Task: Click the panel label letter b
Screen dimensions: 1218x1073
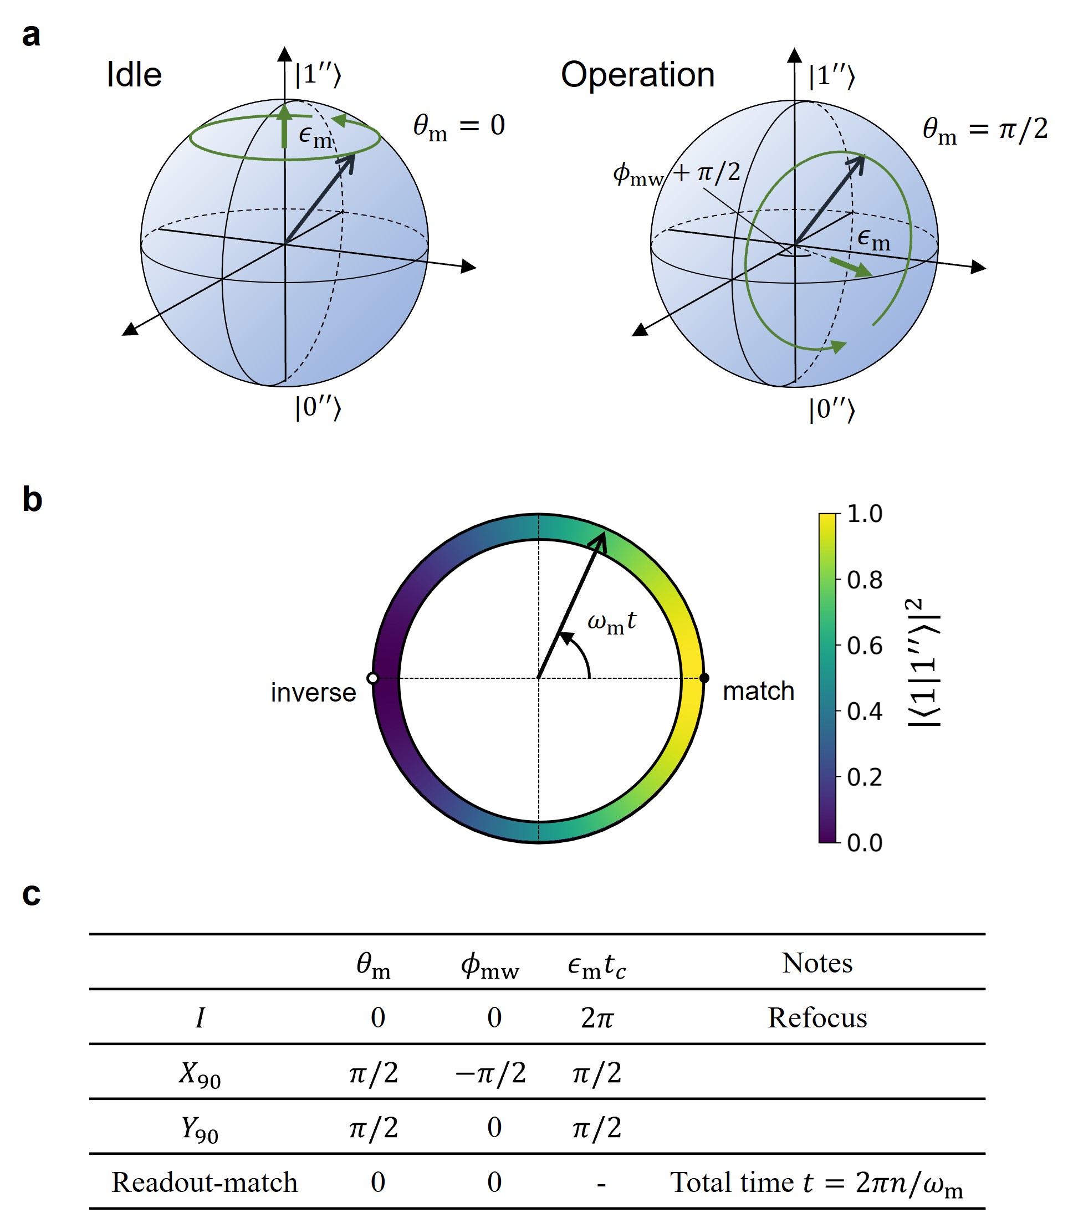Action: click(x=32, y=499)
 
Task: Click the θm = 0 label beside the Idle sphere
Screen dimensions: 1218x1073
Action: click(x=459, y=126)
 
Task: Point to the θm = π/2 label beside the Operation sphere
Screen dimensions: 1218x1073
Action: click(x=985, y=129)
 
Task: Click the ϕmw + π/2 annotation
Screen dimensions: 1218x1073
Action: click(x=677, y=173)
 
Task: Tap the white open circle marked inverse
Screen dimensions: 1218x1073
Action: click(x=373, y=678)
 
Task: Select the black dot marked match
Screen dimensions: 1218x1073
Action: click(x=704, y=678)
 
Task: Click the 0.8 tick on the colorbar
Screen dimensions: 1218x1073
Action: click(x=865, y=579)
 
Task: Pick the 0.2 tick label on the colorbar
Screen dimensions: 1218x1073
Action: click(x=865, y=777)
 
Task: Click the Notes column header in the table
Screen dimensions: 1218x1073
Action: click(x=817, y=963)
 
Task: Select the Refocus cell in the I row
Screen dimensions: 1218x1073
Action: click(x=817, y=1018)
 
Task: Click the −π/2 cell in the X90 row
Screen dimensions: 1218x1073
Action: click(x=490, y=1073)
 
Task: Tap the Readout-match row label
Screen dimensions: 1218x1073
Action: click(x=205, y=1182)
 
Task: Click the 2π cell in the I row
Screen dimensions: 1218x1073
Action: click(x=597, y=1018)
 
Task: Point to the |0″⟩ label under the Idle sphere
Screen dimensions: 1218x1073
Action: click(x=318, y=408)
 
